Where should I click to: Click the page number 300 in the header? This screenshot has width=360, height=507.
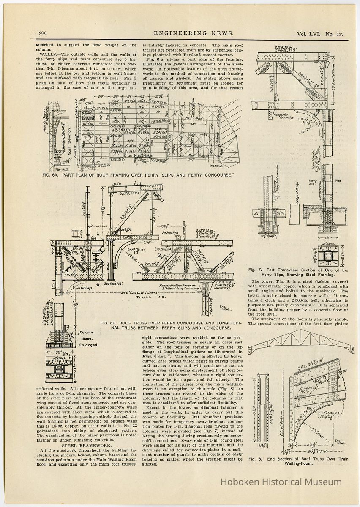tap(42, 34)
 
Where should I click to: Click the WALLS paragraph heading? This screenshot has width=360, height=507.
tap(51, 55)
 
